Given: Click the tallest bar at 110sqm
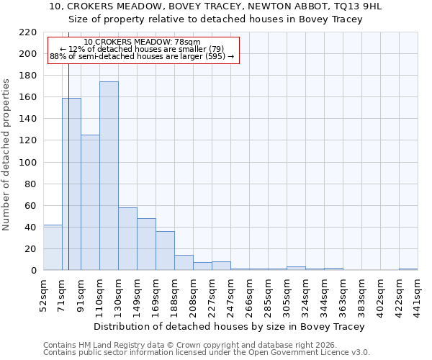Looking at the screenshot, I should (109, 176).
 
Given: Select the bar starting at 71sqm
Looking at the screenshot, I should (71, 184).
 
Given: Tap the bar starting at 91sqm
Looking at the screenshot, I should (90, 202).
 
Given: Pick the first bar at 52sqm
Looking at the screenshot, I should (53, 248).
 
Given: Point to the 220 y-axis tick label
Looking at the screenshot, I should (28, 32).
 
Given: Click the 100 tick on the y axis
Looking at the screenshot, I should (28, 163).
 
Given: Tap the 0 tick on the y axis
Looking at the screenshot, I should (33, 271).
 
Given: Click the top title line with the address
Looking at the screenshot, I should (215, 6).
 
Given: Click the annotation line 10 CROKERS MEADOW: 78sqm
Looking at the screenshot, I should (142, 42).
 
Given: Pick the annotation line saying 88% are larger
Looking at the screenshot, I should (142, 56).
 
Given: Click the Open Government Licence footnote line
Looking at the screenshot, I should (207, 353).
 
